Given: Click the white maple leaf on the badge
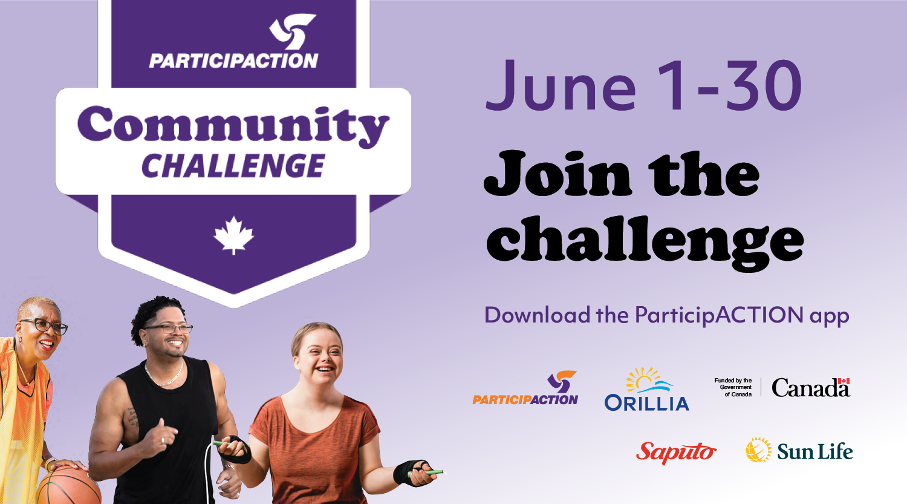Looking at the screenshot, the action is pos(233,235).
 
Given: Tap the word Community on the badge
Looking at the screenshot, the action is pos(233,126).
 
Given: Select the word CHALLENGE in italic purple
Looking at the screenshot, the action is pos(233,166).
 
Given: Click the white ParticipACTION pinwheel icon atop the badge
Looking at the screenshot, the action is pos(292,31).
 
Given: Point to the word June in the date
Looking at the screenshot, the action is pos(561,85).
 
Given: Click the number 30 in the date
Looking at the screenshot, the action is pos(764,85).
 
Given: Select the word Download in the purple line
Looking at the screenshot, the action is pos(537,315).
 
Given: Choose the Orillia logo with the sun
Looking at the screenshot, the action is pos(646,389).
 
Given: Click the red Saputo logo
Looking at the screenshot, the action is pos(676,453).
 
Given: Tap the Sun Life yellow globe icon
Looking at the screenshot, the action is pos(759,450).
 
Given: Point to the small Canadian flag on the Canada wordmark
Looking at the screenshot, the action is pos(844,381).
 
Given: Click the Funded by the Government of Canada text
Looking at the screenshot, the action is pos(733,387).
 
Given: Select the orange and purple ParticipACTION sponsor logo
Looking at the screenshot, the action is pos(525,388).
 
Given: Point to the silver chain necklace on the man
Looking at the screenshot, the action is pos(165,376).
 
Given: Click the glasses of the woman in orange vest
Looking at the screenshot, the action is pos(45,326).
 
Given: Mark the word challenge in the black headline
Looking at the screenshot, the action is pos(645,242).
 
